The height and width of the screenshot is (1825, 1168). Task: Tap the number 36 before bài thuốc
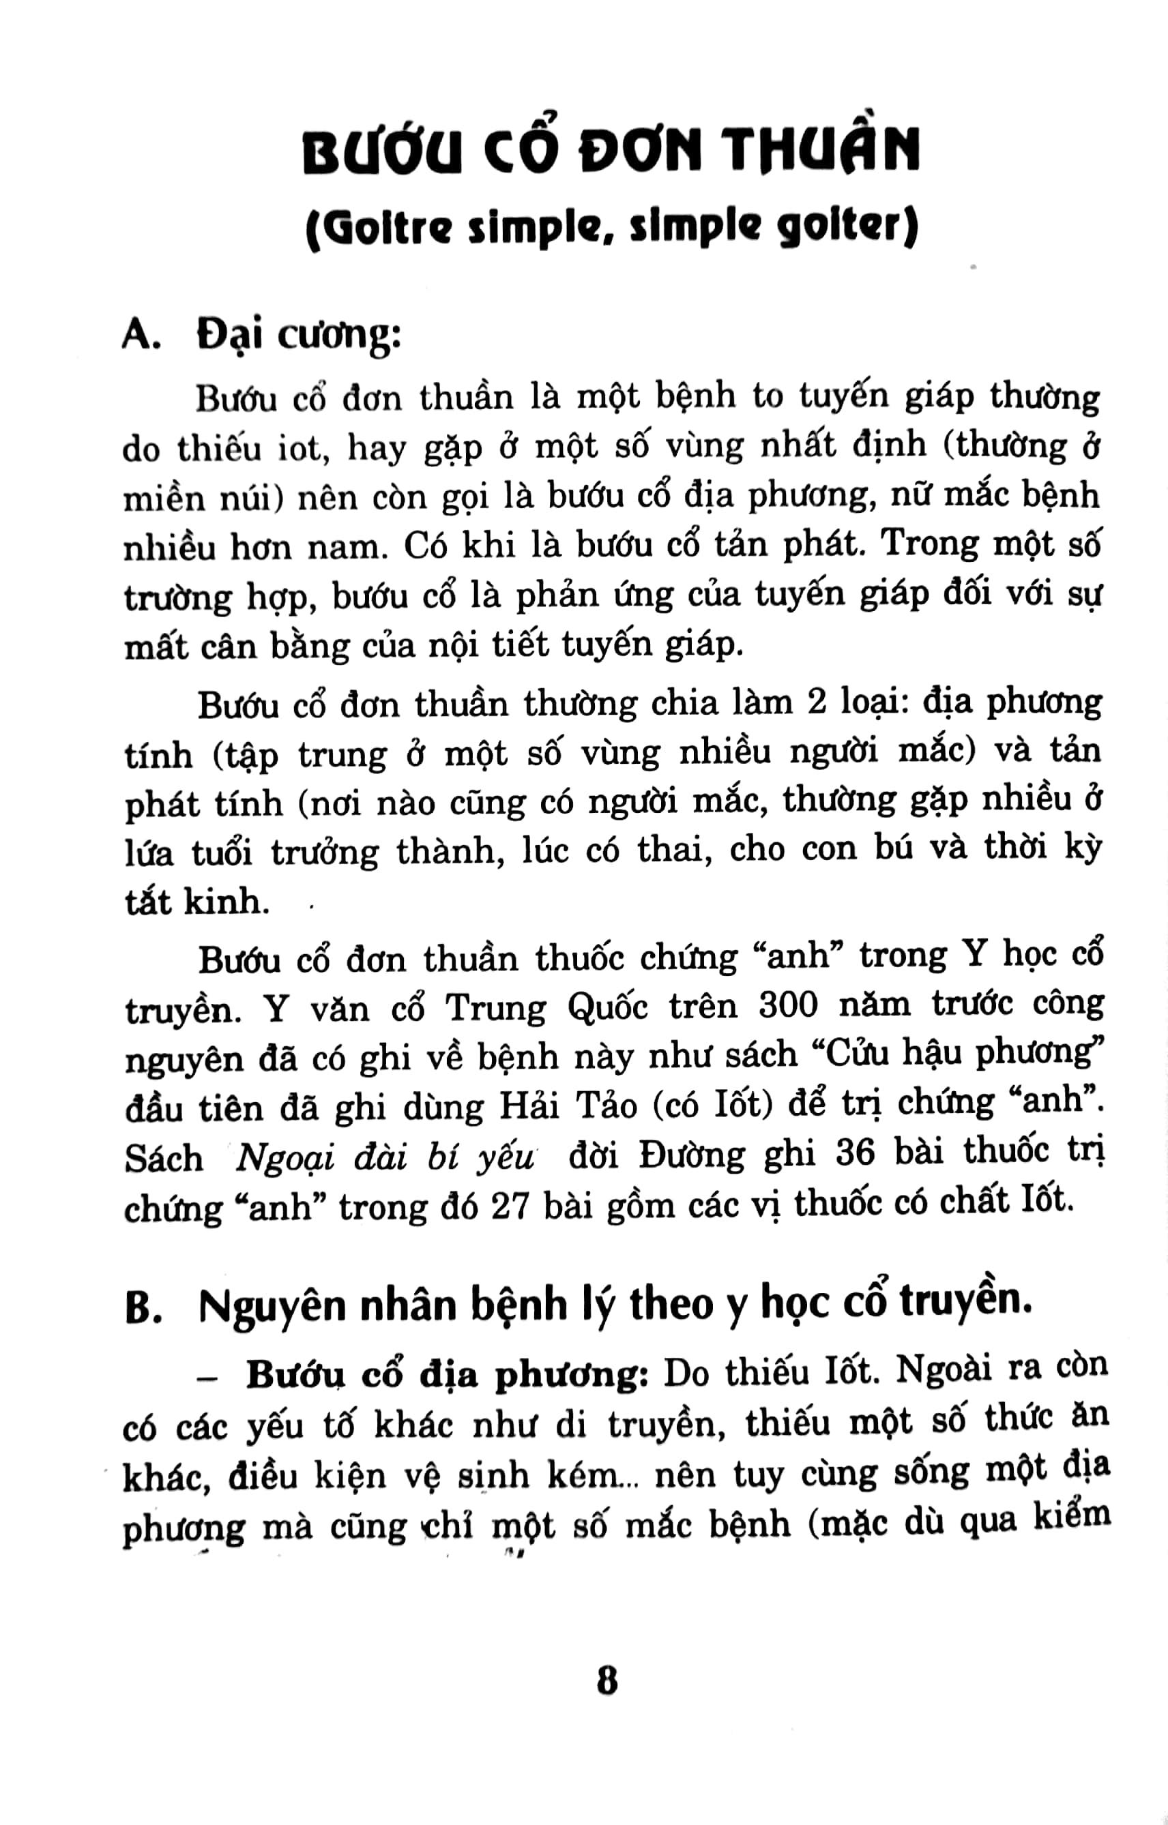pos(855,1153)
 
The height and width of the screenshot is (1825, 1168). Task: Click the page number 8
pos(607,1681)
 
